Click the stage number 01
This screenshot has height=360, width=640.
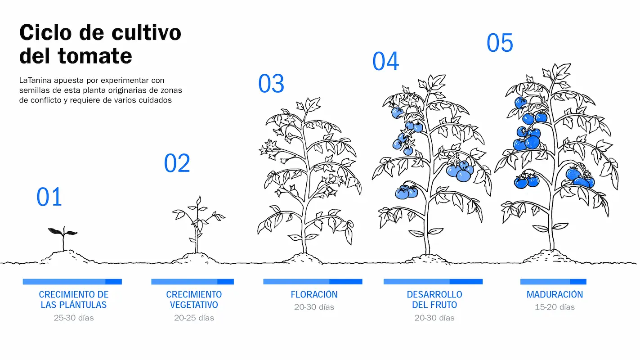49,197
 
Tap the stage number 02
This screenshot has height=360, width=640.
177,163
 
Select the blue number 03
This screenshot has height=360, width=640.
271,84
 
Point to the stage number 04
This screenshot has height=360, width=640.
386,61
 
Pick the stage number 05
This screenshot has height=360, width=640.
500,43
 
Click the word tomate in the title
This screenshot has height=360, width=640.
95,56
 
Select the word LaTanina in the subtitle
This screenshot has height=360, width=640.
36,80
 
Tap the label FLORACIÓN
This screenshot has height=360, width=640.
314,294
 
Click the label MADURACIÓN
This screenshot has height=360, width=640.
555,294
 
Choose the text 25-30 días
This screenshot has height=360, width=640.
74,318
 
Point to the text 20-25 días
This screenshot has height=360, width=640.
194,318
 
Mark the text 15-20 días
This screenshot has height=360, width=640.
555,307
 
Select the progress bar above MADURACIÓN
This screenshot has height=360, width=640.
553,282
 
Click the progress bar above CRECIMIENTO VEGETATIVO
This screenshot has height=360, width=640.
192,282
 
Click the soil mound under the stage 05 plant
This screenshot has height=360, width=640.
550,257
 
